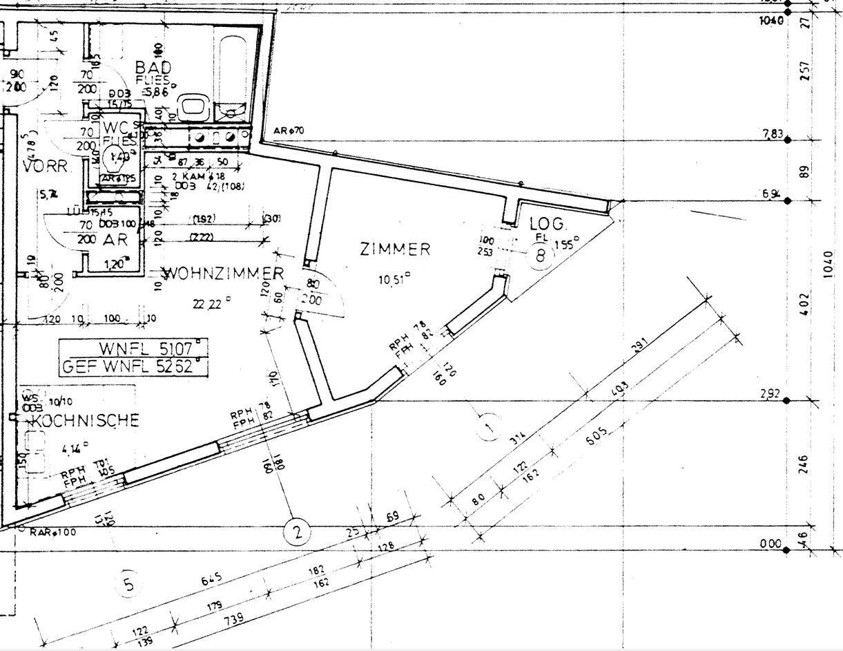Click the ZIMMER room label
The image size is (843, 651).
pos(396,249)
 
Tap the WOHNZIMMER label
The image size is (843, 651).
pos(223,274)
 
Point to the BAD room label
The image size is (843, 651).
pos(153,68)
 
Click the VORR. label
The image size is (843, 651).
pos(46,167)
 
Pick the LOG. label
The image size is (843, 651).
pos(548,224)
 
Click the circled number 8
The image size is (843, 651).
pos(541,256)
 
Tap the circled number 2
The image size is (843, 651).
pos(297,532)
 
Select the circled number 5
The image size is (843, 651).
pos(128,585)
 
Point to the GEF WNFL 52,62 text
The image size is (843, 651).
pos(133,366)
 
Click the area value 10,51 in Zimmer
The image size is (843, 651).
pos(395,280)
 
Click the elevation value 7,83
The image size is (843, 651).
pos(773,134)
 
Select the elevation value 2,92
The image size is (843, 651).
pos(771,395)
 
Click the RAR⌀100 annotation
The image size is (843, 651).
pos(53,532)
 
